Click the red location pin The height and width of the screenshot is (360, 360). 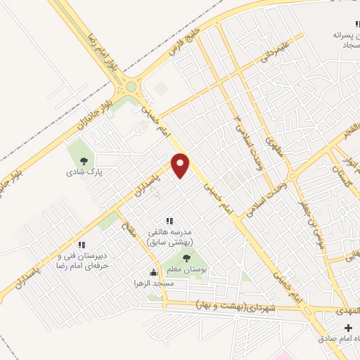pos(181,165)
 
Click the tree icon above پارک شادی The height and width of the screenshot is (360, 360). pos(83,160)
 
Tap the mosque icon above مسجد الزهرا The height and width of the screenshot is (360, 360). pos(154,272)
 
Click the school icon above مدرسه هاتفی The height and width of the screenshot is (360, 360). pos(169,220)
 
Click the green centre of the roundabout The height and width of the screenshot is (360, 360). pos(131,87)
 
